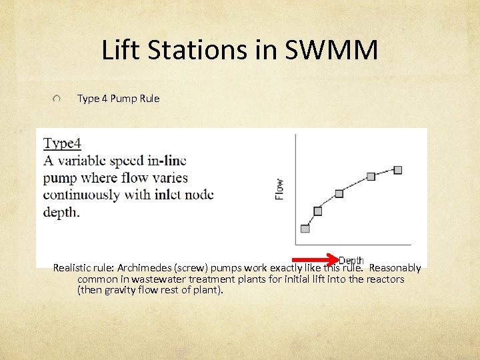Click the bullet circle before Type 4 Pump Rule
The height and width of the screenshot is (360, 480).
pyautogui.click(x=58, y=99)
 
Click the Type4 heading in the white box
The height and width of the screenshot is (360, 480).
pyautogui.click(x=63, y=143)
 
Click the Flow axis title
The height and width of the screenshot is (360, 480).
pyautogui.click(x=279, y=189)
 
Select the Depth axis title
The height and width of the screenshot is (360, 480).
pyautogui.click(x=351, y=260)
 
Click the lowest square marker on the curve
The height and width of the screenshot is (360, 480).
pyautogui.click(x=305, y=229)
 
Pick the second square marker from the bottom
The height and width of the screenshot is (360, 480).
pyautogui.click(x=317, y=211)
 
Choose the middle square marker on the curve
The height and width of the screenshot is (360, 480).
pyautogui.click(x=339, y=193)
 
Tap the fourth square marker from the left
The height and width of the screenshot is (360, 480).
pyautogui.click(x=371, y=177)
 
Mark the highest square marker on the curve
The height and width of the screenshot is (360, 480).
pyautogui.click(x=398, y=170)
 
